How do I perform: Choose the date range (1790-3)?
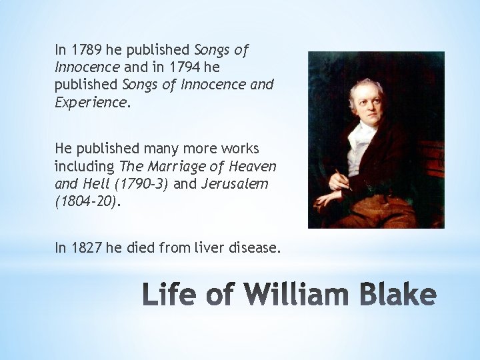pyautogui.click(x=142, y=183)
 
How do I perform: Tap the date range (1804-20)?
pyautogui.click(x=86, y=201)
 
